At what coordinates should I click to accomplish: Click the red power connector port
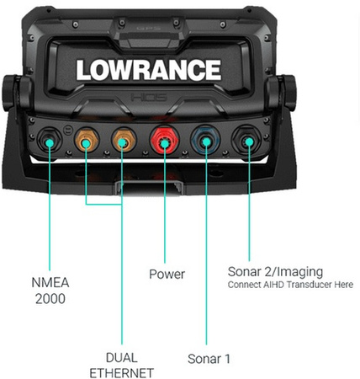tap(165, 140)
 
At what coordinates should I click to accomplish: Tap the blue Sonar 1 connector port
tap(205, 140)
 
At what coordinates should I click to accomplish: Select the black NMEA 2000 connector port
tap(50, 140)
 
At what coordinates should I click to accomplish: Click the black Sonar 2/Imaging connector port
tap(246, 140)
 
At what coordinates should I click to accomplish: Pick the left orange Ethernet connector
tap(87, 140)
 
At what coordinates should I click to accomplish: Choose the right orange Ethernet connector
tap(124, 140)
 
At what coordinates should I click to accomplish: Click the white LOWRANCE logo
tap(149, 70)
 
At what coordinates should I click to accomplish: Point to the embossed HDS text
tap(149, 98)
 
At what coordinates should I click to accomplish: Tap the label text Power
tap(167, 275)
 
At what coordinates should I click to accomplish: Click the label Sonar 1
tap(209, 359)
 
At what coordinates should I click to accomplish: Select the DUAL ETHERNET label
tap(122, 366)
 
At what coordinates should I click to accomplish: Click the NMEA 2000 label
tap(50, 291)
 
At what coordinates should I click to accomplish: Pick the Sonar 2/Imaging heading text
tap(275, 272)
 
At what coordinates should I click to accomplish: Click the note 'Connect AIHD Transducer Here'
tap(290, 285)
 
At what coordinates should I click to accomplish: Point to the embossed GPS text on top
tap(149, 28)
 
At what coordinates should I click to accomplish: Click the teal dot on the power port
tap(165, 144)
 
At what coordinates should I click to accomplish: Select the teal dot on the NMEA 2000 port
tap(50, 143)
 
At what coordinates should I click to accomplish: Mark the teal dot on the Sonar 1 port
tap(206, 142)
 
